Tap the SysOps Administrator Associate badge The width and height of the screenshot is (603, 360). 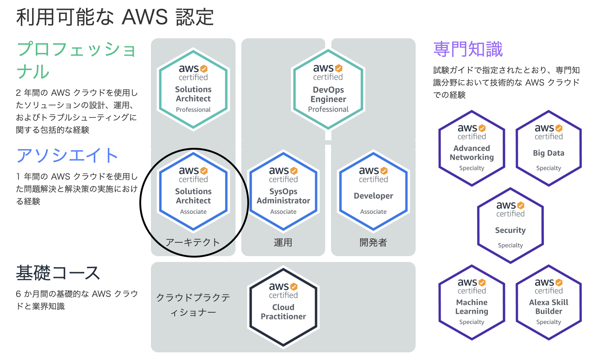pos(283,191)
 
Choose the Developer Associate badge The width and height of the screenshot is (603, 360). pos(373,191)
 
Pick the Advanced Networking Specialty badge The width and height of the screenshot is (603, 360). pos(472,148)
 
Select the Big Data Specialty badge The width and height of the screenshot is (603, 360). pos(549,148)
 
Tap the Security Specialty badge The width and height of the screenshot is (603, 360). pos(510,226)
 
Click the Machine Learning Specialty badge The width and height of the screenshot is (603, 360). pos(472,302)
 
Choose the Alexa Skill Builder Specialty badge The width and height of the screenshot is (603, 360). pos(549,302)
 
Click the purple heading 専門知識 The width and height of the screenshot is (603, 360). pos(468,50)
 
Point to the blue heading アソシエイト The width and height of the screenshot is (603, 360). pos(67,156)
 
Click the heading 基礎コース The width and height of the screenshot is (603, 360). pos(58,273)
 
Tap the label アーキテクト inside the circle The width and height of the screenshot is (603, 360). pos(193,242)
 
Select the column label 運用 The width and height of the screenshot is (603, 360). pos(283,242)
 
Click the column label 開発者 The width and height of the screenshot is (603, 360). pos(373,242)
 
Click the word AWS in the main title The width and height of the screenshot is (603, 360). pos(145,17)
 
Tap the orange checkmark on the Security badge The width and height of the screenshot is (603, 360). pos(521,206)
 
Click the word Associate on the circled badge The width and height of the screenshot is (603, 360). pos(193,212)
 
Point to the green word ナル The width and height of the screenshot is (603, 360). pos(33,71)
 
